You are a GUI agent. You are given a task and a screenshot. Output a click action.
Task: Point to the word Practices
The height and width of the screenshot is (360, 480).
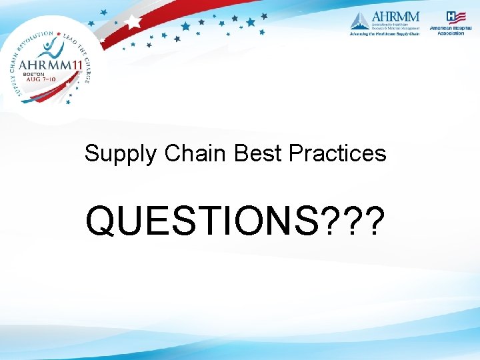(337, 153)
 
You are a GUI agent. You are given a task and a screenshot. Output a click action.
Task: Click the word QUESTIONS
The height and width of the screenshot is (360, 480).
(200, 221)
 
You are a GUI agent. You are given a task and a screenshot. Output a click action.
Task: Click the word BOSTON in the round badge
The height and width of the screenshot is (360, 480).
(34, 74)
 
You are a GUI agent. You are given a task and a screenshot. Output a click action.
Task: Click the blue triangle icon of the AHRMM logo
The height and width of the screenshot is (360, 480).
(359, 21)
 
